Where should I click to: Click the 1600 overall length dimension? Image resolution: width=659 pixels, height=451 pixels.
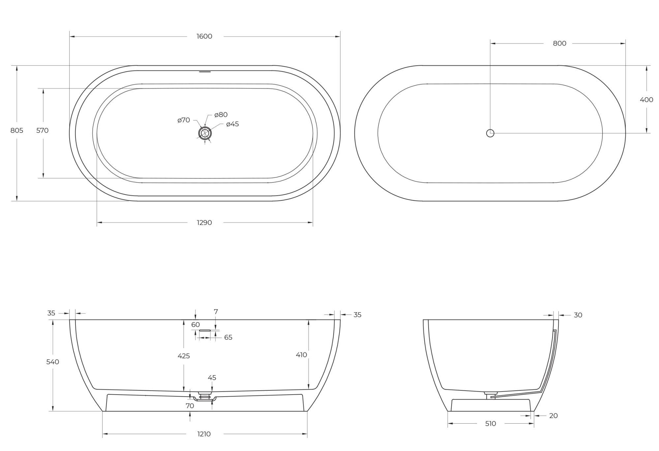click(204, 36)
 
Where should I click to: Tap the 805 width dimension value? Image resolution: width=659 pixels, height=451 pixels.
click(17, 131)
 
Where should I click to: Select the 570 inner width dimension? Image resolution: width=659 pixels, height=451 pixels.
click(43, 131)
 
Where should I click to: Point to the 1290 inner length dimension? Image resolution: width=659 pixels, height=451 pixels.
click(204, 223)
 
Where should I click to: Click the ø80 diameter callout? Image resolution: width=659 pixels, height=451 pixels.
click(221, 115)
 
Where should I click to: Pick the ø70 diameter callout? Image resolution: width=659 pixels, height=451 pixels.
click(184, 120)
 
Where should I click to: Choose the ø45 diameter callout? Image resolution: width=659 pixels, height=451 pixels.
click(232, 124)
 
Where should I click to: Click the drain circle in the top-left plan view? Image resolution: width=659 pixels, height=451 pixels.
click(205, 133)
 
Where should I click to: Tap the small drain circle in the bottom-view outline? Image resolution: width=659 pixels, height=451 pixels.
click(490, 133)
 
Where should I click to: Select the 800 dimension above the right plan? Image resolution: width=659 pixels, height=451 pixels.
click(559, 44)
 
